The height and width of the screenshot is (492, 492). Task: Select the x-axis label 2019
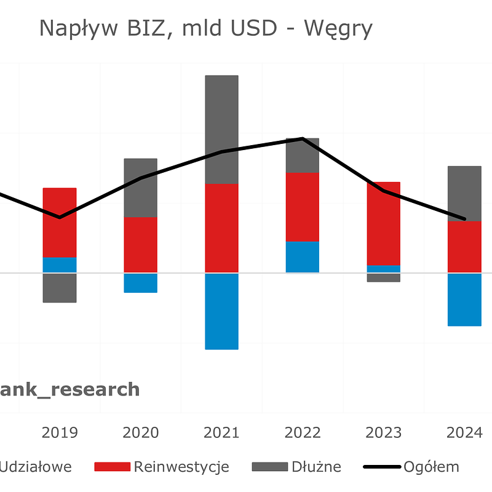(60, 432)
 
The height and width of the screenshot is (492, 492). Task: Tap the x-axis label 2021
(221, 432)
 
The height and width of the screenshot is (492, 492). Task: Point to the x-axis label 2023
(384, 432)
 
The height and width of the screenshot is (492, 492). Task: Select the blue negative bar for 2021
(221, 311)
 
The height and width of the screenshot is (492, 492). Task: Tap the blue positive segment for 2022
(303, 257)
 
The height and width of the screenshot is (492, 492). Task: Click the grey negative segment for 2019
(60, 288)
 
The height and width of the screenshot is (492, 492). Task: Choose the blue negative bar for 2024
(464, 300)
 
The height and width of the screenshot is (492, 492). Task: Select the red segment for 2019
(60, 223)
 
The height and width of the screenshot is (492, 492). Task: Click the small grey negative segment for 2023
(384, 277)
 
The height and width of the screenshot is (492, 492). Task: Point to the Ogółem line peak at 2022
(303, 138)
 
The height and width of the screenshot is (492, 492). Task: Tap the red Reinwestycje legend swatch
(112, 467)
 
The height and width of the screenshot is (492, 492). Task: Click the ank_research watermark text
(69, 389)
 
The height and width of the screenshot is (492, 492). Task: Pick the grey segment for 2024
(464, 193)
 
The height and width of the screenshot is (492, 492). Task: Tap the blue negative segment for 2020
(141, 283)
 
